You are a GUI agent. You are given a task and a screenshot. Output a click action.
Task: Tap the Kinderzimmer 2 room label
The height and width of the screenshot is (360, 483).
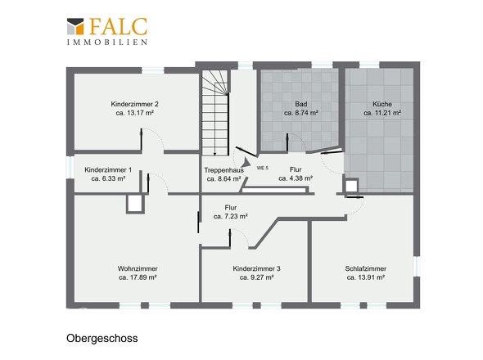[135, 105]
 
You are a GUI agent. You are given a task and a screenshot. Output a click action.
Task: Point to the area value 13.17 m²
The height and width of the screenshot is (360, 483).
[135, 114]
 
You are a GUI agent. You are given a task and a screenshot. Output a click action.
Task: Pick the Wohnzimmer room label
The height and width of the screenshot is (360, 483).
[138, 268]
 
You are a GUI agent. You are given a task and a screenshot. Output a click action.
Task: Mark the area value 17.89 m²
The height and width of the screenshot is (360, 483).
[138, 277]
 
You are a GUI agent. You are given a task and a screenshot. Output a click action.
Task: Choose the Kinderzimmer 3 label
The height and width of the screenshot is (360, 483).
[256, 268]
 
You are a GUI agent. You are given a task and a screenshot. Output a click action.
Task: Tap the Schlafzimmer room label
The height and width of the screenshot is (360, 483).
[365, 268]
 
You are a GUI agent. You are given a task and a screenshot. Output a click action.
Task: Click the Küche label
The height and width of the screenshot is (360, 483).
[381, 105]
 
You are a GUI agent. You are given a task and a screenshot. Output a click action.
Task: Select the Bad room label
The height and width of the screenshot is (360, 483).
[300, 105]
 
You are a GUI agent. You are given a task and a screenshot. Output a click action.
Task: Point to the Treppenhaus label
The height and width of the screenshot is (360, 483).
[223, 169]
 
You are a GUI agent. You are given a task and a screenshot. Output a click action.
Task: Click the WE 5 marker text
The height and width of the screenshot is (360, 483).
[263, 167]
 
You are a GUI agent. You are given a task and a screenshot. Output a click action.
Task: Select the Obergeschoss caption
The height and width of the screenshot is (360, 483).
[102, 337]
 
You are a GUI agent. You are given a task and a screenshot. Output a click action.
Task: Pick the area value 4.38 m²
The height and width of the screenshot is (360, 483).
[296, 178]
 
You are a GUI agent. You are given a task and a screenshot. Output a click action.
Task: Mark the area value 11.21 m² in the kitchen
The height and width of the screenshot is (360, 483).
[381, 114]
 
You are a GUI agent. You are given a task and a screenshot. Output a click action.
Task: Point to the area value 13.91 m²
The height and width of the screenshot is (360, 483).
[365, 277]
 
